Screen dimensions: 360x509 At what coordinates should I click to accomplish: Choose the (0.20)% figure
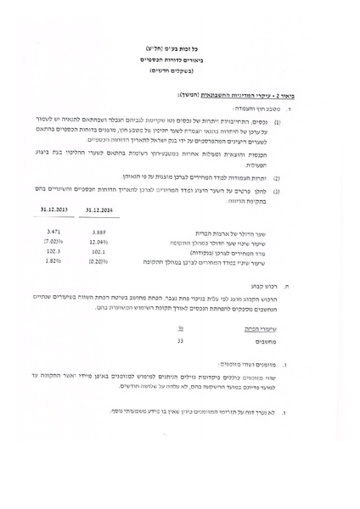(99, 262)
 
